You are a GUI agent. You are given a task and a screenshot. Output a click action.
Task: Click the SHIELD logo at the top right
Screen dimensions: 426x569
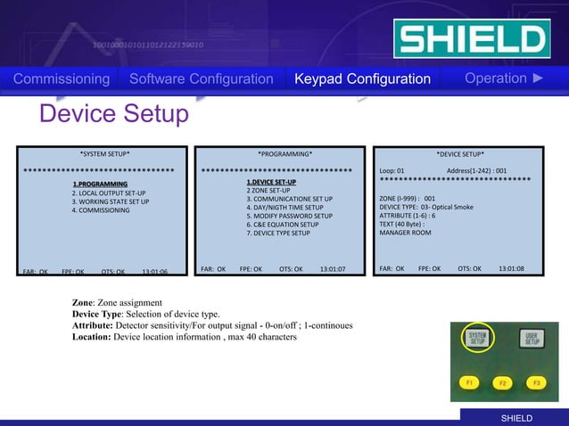pos(471,38)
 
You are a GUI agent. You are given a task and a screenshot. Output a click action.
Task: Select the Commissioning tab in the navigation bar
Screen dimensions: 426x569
pos(62,79)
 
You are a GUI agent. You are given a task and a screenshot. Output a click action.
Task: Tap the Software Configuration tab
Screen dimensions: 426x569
pos(201,79)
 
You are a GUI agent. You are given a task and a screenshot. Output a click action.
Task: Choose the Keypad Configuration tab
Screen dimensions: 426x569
pos(362,79)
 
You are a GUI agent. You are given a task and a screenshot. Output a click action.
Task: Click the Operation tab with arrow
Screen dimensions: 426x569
pos(504,78)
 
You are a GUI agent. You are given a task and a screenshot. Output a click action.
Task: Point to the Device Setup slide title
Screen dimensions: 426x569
pos(114,114)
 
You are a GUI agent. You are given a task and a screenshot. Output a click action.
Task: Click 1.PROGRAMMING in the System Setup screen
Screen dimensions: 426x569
pos(100,184)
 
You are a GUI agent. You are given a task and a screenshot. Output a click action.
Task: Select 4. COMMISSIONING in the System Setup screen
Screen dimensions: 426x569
pos(101,210)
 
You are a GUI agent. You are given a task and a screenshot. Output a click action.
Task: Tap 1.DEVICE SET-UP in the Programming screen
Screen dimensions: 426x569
pos(271,182)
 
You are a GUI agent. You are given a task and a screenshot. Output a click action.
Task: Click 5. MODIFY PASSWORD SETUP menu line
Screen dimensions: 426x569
pos(289,216)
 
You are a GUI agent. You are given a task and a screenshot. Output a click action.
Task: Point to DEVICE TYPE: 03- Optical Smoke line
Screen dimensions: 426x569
pos(426,207)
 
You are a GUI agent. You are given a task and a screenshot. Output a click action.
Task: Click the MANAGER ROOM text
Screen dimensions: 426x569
pos(405,233)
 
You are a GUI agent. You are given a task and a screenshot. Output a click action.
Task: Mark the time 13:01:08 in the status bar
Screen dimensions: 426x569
pos(511,268)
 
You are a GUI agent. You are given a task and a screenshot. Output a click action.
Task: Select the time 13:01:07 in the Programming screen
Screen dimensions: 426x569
pos(332,268)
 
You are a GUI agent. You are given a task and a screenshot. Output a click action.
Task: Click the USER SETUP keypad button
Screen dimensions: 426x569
pos(531,339)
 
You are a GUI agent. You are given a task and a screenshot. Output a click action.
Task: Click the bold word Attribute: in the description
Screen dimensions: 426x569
pos(92,326)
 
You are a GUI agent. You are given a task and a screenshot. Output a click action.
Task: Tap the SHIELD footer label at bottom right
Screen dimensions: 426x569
pos(515,418)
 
